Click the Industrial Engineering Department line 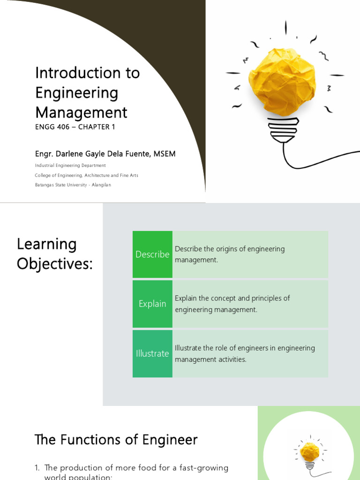(x=70, y=165)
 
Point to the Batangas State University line (x=73, y=185)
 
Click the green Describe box (x=152, y=254)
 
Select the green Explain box (x=152, y=304)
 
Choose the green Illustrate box (x=152, y=353)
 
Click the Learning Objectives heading (x=55, y=254)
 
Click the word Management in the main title (x=81, y=112)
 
